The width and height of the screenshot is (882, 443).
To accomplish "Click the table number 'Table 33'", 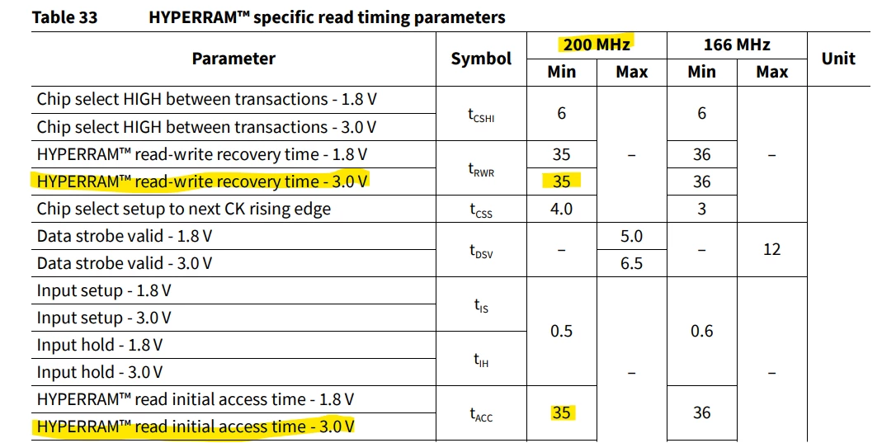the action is point(64,17).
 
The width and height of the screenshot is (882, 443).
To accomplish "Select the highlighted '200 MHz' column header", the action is point(597,45).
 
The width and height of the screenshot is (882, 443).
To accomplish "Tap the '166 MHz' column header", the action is point(737,45).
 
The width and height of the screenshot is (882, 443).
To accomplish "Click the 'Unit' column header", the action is point(838,59).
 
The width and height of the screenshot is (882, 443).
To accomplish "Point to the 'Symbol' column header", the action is point(481,59).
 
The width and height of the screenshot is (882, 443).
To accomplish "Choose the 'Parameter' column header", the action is point(233,59).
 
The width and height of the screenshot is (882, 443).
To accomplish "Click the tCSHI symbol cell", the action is point(481,115).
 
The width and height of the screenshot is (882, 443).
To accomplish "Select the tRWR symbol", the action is point(481,169).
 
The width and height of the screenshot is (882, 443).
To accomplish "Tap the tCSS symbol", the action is point(481,210).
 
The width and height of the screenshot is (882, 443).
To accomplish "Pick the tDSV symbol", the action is point(481,251).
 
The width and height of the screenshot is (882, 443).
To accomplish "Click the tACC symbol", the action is point(481,414).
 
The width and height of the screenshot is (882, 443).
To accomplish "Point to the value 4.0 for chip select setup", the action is point(561,210).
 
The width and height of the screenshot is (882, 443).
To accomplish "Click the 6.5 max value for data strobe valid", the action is point(631,263).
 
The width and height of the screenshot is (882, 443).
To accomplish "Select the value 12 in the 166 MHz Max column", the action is point(771,249).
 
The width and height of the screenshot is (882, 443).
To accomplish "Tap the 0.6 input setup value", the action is point(701,331).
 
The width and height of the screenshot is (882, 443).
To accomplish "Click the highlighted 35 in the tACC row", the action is point(561,412).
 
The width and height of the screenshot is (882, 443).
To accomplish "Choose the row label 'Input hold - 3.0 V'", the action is point(100,372).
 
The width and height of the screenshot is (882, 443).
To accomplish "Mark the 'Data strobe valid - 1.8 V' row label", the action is point(125,236).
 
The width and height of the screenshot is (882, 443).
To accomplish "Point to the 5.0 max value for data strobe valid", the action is point(631,236).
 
